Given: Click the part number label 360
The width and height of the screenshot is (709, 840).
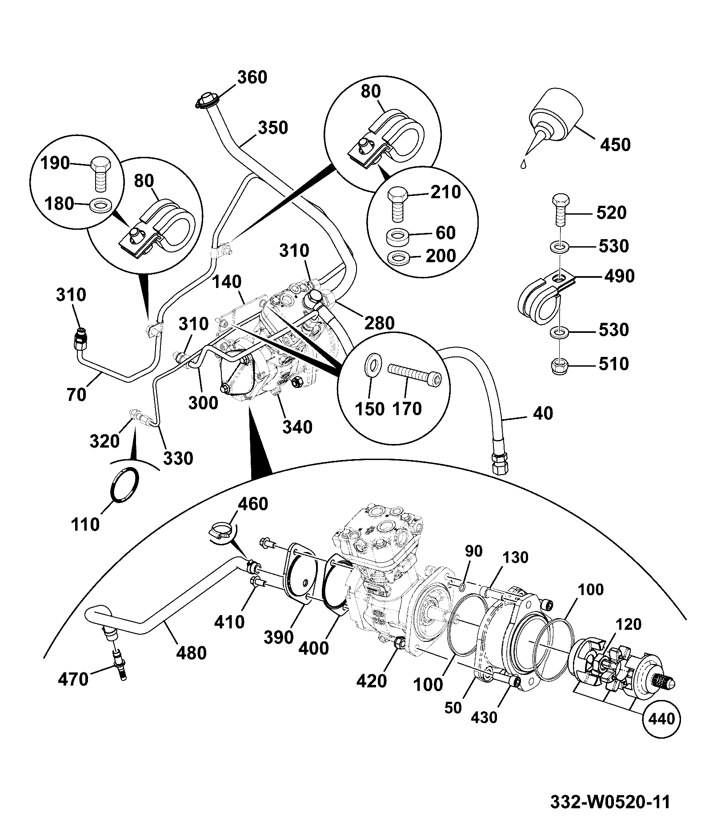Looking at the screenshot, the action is click(252, 77).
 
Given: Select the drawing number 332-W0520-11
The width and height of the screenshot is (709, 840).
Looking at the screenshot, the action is click(610, 802).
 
